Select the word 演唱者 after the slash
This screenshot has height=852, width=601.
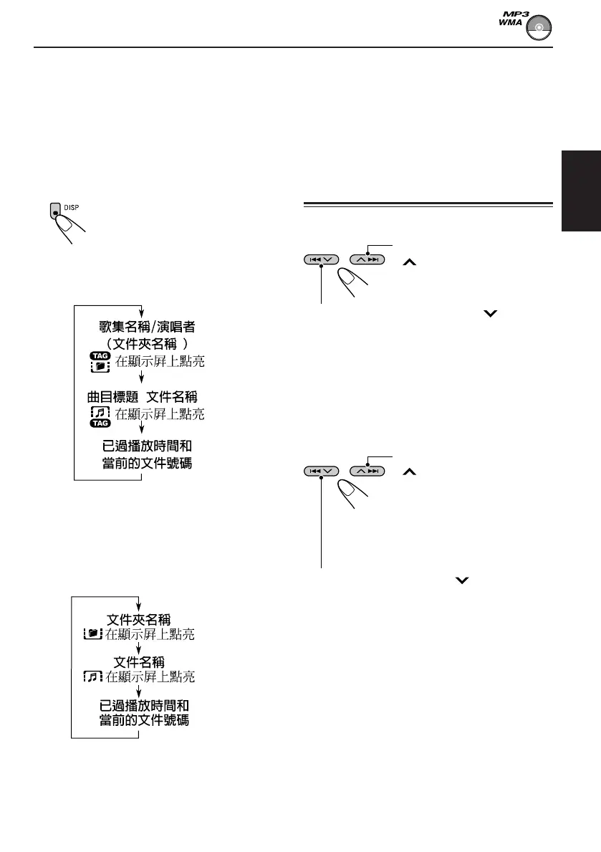click(x=178, y=327)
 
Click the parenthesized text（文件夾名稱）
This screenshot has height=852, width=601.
click(x=147, y=345)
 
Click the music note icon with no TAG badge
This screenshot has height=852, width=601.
click(x=94, y=676)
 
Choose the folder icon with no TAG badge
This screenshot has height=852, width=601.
click(x=94, y=634)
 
